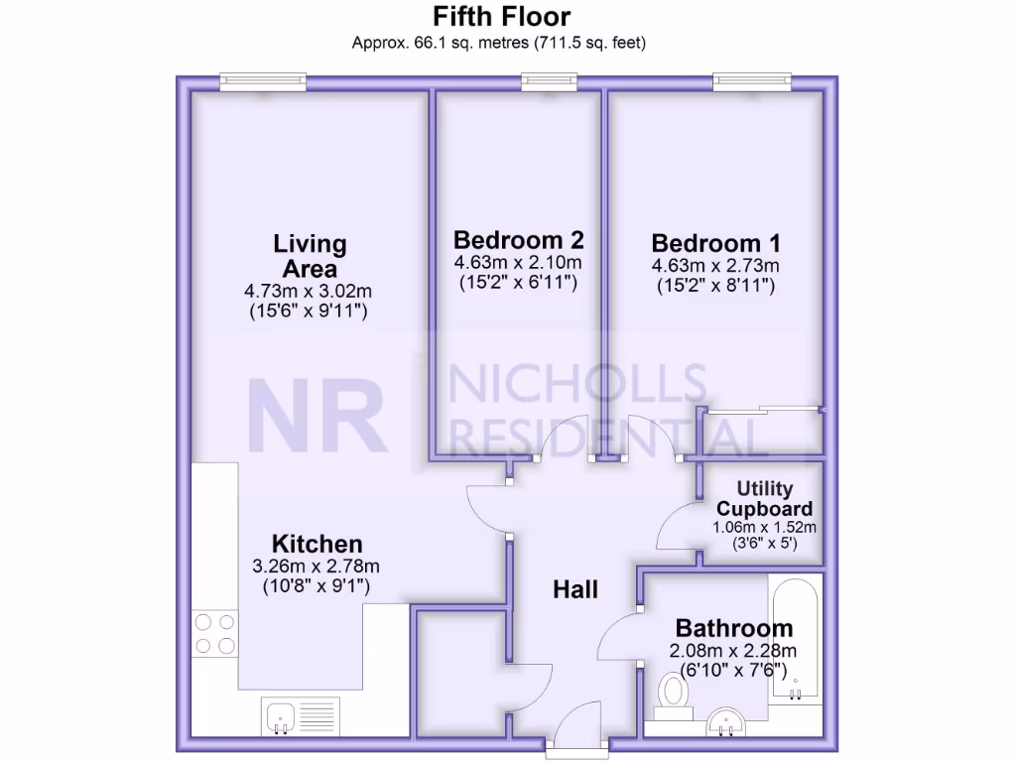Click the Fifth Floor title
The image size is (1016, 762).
[501, 17]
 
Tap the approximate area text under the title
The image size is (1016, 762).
[501, 43]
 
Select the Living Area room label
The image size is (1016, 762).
[310, 255]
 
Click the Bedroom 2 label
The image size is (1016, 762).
[518, 240]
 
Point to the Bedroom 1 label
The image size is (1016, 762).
[715, 243]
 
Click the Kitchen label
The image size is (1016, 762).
[317, 544]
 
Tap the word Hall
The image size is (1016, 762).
[575, 589]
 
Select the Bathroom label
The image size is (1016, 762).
[733, 628]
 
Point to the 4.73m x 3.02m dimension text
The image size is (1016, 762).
[309, 292]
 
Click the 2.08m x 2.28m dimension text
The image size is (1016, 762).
[733, 651]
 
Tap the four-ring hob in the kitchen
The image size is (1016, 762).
[215, 634]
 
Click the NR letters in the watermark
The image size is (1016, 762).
[317, 414]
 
